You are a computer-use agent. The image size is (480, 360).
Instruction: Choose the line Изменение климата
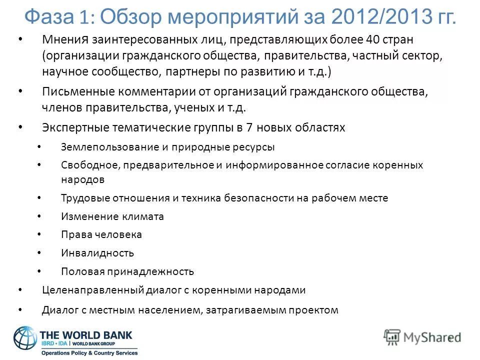112,216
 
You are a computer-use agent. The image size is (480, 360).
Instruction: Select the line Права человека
101,234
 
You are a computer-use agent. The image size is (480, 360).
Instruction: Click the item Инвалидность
97,253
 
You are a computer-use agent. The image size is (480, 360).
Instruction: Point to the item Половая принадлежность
127,271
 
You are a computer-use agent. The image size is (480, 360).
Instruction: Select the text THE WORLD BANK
85,334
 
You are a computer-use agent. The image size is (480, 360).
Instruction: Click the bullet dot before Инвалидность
40,253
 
